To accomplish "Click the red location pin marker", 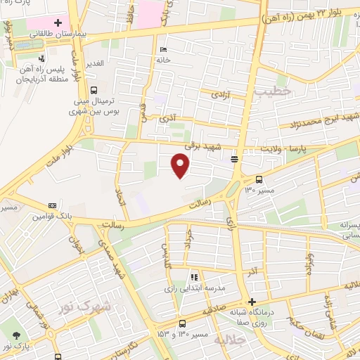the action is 181,165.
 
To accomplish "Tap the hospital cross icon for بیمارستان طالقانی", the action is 58,22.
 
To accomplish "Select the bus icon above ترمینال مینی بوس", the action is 94,91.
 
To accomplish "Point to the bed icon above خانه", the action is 164,50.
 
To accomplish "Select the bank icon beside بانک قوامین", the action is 51,206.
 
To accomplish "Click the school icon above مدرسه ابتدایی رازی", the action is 195,276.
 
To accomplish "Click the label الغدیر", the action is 95,63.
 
